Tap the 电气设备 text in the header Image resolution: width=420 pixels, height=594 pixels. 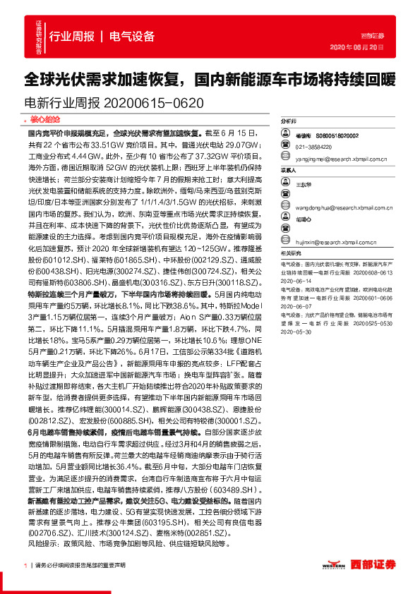click(x=132, y=37)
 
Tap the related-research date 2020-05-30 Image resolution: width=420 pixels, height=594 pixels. click(x=300, y=331)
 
